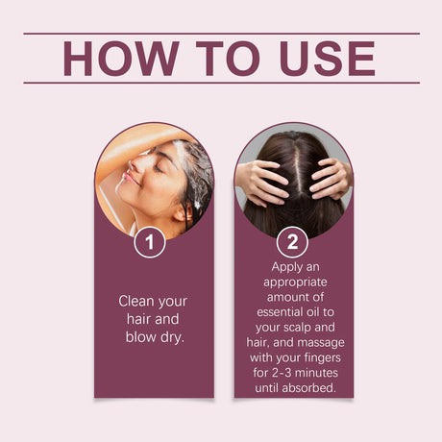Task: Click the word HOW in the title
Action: coord(121,59)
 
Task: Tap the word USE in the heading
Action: coord(327,59)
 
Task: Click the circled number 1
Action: coord(150,242)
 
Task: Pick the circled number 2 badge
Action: coord(292,242)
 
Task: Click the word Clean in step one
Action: coord(135,301)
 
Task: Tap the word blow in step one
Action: coord(140,336)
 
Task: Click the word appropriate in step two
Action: coord(295,282)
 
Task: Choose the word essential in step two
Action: coord(280,312)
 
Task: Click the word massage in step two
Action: coord(324,343)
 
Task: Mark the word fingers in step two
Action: coord(322,358)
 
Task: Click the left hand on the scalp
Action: coord(262,182)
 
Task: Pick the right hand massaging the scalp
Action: coord(331,179)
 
